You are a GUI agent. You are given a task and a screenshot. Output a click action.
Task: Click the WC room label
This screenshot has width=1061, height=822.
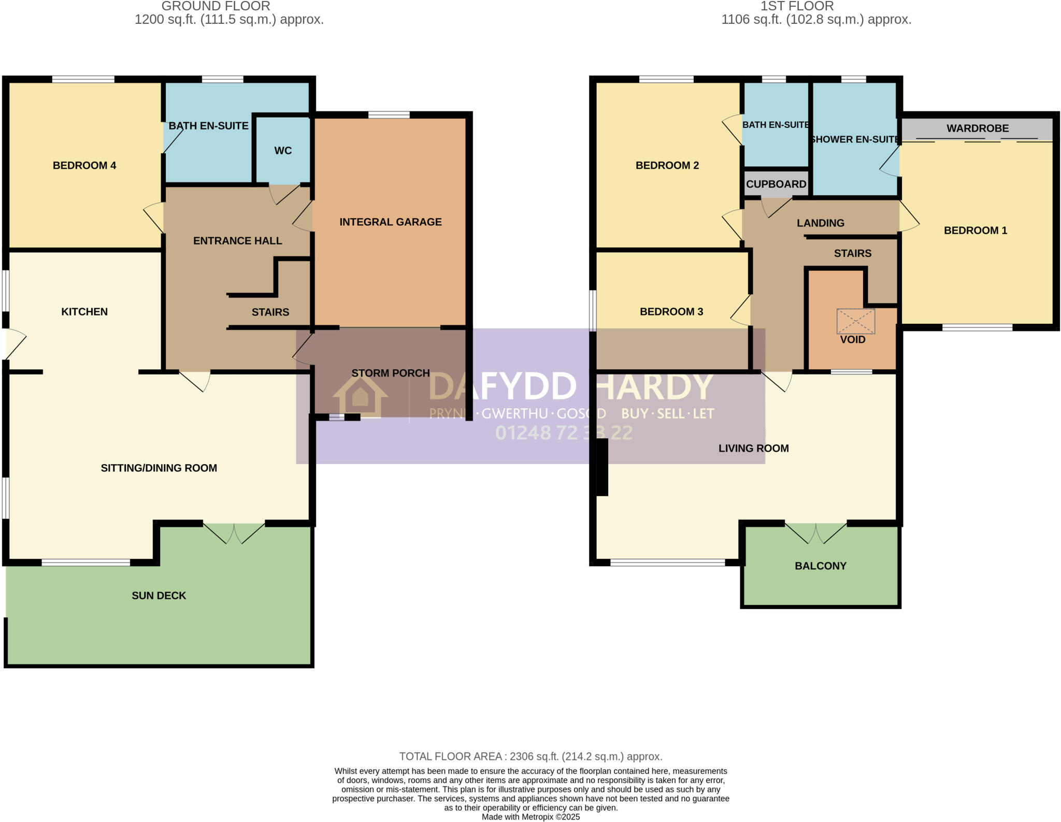tap(283, 151)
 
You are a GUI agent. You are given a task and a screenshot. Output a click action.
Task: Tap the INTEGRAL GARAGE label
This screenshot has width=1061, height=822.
tap(391, 222)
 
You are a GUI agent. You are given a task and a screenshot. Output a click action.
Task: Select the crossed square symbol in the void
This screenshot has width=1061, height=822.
tap(856, 321)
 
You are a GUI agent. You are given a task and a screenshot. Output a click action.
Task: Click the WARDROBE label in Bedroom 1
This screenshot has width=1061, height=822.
tap(978, 128)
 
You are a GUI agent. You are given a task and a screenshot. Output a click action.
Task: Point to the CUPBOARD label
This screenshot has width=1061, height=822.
tap(776, 184)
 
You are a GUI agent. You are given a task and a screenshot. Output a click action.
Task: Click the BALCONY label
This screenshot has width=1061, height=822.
tap(821, 566)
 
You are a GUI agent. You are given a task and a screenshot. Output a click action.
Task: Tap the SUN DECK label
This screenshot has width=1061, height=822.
tap(159, 596)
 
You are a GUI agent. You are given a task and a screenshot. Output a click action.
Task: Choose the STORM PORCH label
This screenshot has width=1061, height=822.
tap(391, 373)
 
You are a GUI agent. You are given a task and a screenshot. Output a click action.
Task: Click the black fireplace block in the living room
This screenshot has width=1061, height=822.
tap(602, 467)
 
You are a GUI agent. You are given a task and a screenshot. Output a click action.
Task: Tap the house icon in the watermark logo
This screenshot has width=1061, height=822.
tap(360, 396)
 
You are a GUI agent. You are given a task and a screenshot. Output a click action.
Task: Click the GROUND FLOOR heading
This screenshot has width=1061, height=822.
tap(216, 6)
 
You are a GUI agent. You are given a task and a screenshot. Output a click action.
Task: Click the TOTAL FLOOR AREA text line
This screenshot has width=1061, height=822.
tap(530, 756)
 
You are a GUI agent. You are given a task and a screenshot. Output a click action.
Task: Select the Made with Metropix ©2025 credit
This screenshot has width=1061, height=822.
tap(530, 817)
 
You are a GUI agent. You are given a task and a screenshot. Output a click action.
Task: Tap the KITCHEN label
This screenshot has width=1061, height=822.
tap(84, 312)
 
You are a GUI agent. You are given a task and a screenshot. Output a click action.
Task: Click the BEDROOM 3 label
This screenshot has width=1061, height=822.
tap(671, 312)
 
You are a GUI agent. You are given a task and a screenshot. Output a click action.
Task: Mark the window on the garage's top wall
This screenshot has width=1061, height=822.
tap(389, 115)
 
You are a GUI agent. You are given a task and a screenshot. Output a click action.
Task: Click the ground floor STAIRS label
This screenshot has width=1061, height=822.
tap(270, 312)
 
